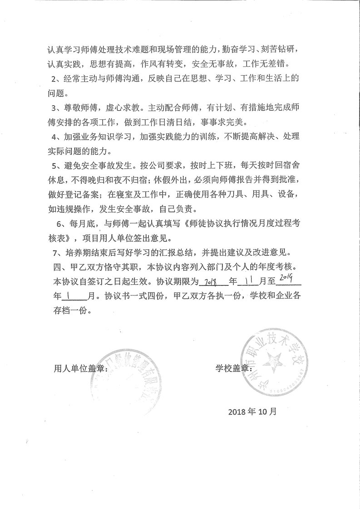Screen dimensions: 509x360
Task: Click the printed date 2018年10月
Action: click(x=252, y=412)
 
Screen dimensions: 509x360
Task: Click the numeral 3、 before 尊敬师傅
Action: click(x=58, y=109)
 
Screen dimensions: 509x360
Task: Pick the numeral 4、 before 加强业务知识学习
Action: click(x=58, y=137)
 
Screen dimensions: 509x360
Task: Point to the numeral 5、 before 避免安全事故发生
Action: click(x=58, y=164)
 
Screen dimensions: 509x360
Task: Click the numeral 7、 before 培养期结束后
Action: click(x=58, y=251)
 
